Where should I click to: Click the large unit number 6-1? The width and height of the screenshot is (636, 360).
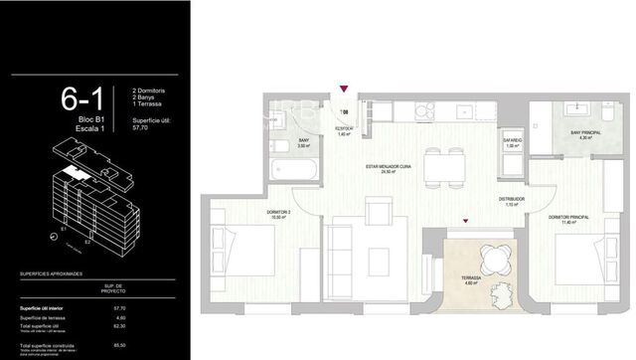84,99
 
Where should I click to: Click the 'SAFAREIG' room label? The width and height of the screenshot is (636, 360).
511,141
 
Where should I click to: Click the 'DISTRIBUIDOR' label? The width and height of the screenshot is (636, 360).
512,199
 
